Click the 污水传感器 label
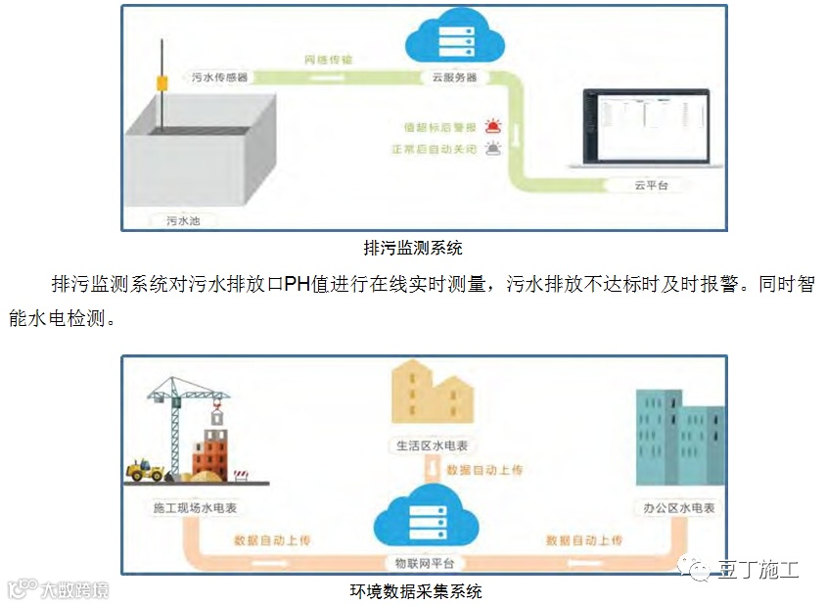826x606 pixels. [218, 75]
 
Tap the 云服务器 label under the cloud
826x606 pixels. [454, 76]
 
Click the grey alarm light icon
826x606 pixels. [493, 150]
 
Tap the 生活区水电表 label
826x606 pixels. [432, 445]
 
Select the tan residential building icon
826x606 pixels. [431, 396]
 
